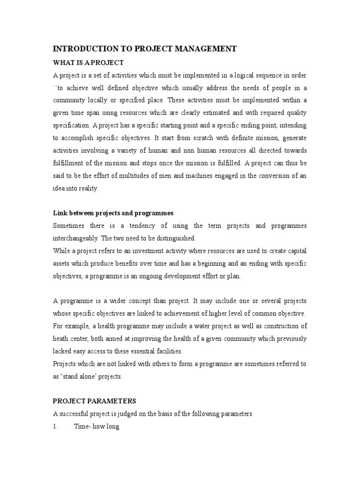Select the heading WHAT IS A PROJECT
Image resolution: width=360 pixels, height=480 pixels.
[88, 63]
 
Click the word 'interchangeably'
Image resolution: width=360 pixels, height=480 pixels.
[75, 239]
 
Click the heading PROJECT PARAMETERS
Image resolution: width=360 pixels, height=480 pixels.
[94, 401]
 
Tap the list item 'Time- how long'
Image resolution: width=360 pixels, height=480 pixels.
[96, 427]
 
